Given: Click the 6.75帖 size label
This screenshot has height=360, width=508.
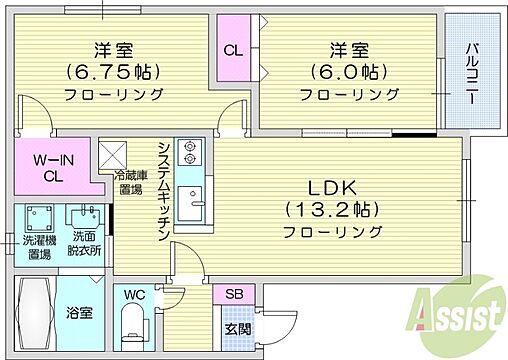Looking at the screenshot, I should tap(116, 71).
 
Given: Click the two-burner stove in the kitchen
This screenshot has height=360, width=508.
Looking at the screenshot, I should tap(188, 153).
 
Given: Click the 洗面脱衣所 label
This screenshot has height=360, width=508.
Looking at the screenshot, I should tap(84, 245).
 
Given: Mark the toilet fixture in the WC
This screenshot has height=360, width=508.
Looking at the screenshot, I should tap(130, 322).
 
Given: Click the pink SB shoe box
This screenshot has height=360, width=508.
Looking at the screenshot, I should tap(233, 294).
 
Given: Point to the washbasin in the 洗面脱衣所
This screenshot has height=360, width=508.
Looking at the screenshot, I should tap(84, 215).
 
